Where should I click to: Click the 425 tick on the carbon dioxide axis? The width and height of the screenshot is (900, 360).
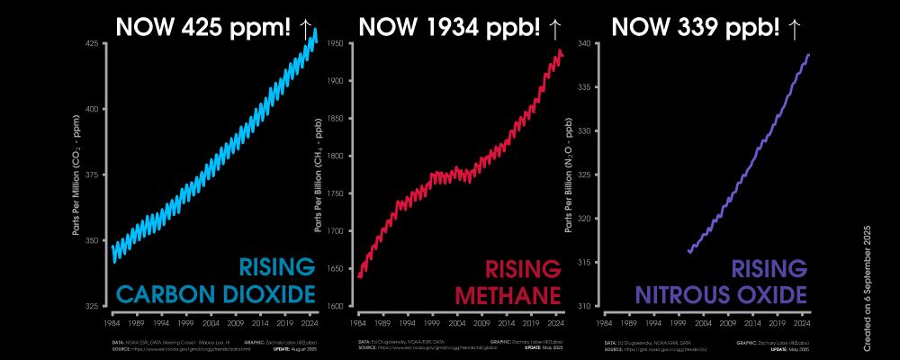[x=91, y=43]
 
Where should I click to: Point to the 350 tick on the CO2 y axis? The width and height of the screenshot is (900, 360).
[x=91, y=240]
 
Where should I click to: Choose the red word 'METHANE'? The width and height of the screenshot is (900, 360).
[x=508, y=293]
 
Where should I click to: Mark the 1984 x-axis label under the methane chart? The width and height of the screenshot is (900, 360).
[x=357, y=320]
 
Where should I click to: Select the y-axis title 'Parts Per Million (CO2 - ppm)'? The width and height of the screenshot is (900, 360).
[x=77, y=175]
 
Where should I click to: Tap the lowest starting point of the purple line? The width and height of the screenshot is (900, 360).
[x=688, y=252]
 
